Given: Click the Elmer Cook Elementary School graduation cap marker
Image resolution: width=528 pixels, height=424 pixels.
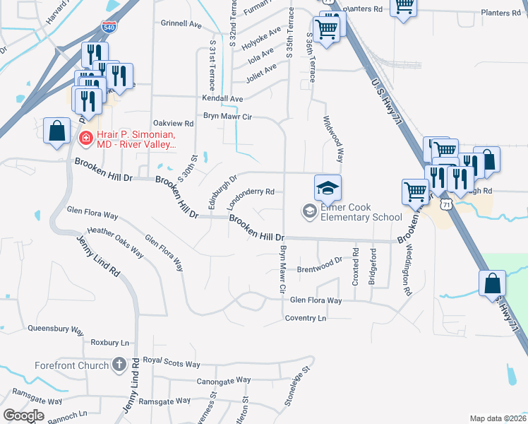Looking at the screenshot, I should coord(328,189).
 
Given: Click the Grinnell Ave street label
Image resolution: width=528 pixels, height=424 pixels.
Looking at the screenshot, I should coord(181,23).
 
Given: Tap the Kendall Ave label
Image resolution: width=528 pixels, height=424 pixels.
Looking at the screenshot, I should coord(222,99).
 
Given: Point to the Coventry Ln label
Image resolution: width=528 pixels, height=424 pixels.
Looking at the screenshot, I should coord(306,318).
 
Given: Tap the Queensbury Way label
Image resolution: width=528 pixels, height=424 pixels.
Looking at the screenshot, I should coord(56,329).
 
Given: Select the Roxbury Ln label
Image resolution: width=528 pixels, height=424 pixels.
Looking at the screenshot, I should coord(110,342).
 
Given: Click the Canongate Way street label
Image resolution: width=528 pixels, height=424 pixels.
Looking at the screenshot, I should coord(224,380).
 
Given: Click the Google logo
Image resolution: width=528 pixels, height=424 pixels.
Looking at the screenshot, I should coord(24,416).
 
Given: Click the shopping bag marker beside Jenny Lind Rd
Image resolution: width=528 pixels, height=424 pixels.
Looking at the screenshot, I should coord(56,131).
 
